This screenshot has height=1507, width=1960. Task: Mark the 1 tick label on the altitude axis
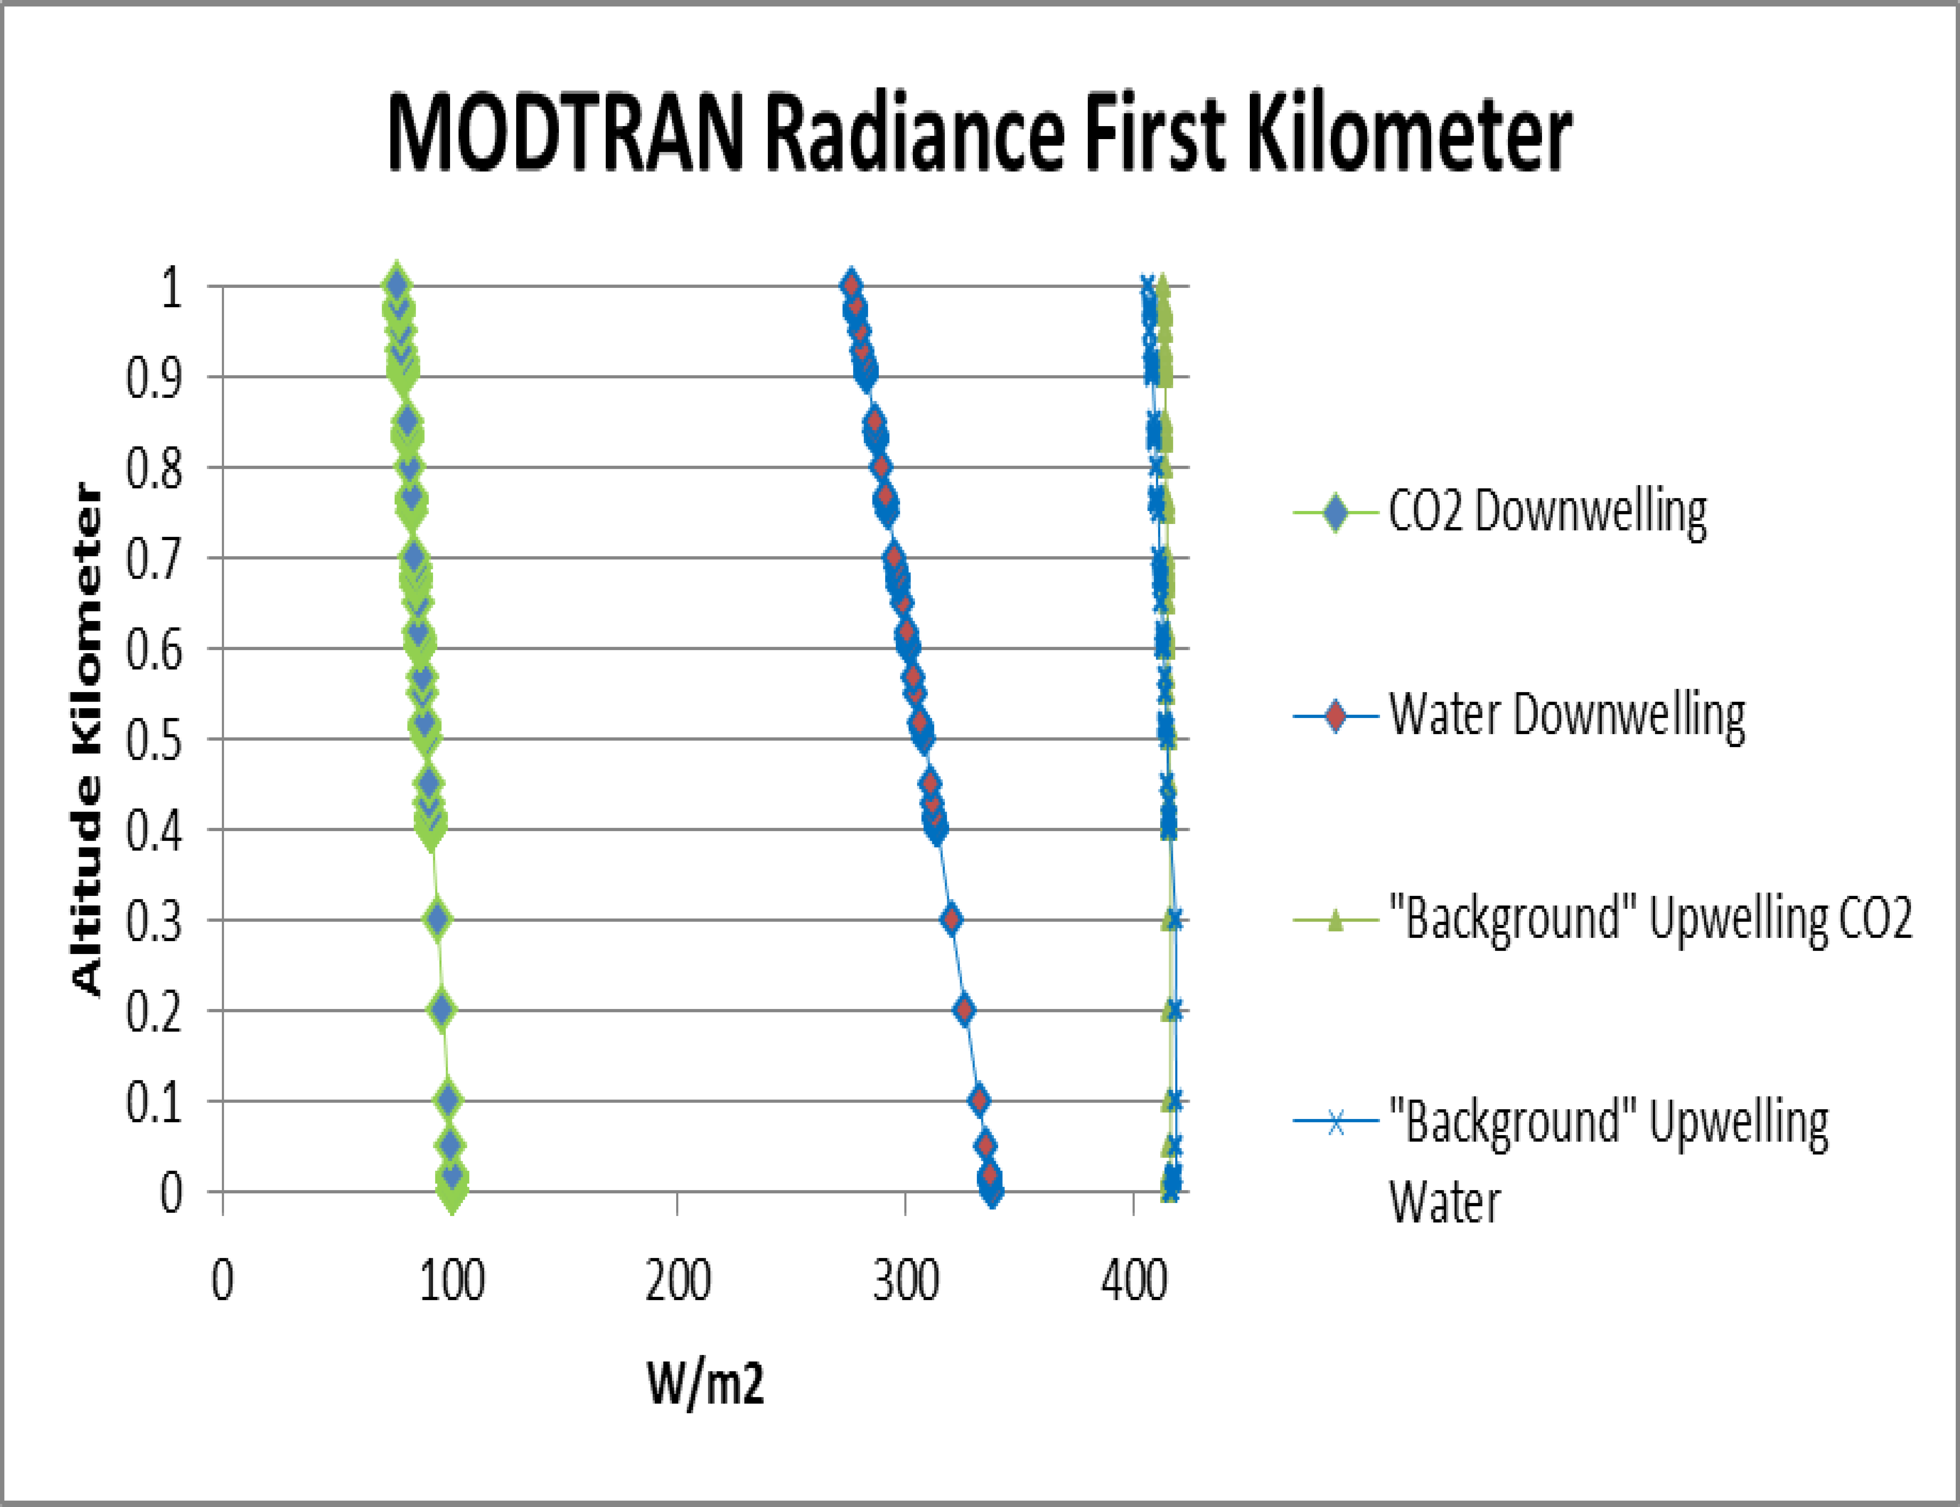tap(170, 287)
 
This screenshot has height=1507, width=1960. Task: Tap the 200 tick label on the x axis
tap(678, 1281)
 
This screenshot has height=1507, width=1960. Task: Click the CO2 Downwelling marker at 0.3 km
tap(437, 919)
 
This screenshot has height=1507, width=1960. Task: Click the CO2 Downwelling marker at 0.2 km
tap(441, 1010)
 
